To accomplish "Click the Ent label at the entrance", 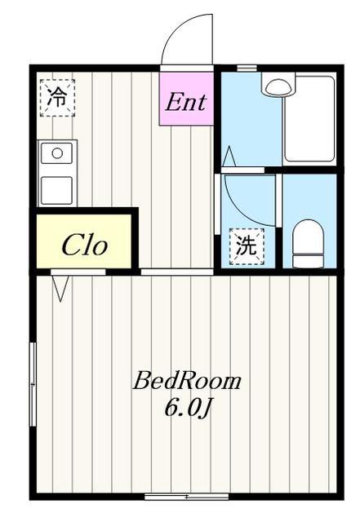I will [186, 103].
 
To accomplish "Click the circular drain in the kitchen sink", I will [56, 152].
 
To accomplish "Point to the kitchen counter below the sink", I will [57, 189].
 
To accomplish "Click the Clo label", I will [85, 245].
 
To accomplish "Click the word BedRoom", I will [187, 380].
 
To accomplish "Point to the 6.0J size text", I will [189, 408].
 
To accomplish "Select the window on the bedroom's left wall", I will [33, 383].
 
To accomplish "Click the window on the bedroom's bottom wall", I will [186, 495].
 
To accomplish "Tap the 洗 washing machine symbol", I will [245, 246].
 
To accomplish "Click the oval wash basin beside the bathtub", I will [277, 84].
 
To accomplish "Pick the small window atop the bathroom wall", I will [247, 68].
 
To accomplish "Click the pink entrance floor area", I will [186, 90].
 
